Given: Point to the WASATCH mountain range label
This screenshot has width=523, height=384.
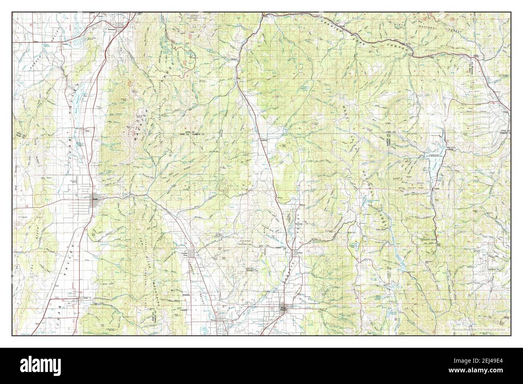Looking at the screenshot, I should tap(139, 125).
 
